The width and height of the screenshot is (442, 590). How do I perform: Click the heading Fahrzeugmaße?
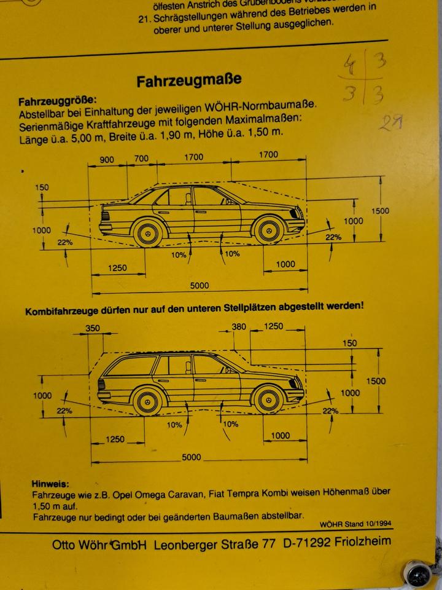[188, 80]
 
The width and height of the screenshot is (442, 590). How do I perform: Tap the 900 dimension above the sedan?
[107, 160]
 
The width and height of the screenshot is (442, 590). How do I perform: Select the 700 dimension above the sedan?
[141, 159]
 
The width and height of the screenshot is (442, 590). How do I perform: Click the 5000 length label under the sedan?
[199, 285]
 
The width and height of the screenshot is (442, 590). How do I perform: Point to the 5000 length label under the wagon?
[191, 457]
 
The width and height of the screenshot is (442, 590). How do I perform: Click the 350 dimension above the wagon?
[92, 328]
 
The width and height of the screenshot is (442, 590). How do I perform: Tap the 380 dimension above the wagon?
[239, 326]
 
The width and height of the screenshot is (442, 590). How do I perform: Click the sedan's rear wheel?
[148, 234]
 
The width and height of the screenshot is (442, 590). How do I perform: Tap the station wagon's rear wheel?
[148, 400]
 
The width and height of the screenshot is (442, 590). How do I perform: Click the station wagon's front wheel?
[268, 399]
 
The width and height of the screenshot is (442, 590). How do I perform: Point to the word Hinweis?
[50, 484]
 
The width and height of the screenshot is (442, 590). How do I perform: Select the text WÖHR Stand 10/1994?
[355, 524]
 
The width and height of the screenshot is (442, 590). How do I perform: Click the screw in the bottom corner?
[420, 575]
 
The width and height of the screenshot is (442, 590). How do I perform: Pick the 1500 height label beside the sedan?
[380, 211]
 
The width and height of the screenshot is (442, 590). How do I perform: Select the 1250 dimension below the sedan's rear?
[117, 268]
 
